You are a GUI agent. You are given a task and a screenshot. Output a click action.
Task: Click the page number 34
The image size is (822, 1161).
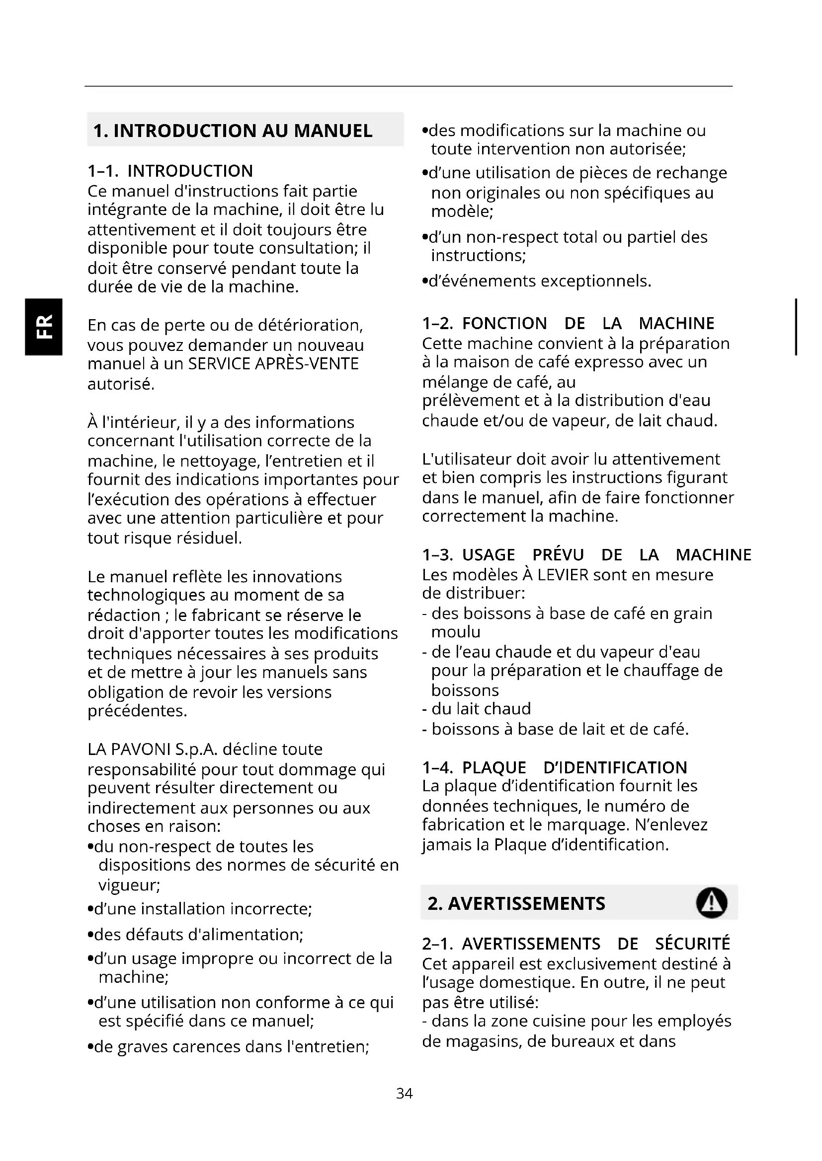405,1093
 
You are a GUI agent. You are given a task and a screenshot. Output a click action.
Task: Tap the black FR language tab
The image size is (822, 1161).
44,327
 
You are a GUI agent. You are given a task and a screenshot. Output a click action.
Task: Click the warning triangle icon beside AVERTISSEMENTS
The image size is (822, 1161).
711,902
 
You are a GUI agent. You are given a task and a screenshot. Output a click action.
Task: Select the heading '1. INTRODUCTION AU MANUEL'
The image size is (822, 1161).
233,131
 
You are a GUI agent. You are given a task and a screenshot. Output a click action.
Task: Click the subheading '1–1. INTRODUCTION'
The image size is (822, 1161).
170,171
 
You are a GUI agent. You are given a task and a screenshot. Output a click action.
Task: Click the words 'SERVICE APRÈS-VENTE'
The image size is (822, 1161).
273,363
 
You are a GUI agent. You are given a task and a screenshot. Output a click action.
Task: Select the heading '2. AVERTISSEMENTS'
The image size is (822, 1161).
516,903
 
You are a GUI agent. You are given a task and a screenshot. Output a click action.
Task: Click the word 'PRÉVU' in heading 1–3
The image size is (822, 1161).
558,555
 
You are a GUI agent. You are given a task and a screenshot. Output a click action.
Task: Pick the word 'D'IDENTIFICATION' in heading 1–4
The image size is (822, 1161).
615,767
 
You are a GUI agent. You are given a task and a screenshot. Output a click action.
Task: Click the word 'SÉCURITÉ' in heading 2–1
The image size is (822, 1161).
692,944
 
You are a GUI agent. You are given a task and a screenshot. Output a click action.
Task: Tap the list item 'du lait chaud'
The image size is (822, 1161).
481,708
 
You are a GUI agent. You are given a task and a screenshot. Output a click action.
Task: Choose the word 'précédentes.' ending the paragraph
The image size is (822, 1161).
137,710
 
